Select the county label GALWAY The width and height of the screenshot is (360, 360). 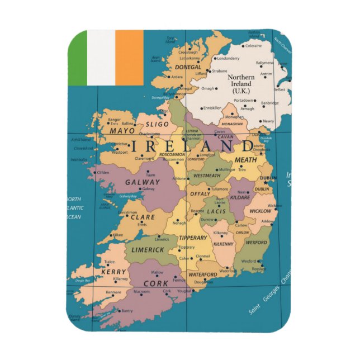pyautogui.click(x=143, y=182)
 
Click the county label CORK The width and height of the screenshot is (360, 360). pyautogui.click(x=156, y=283)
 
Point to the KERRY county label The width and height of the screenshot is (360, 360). pyautogui.click(x=113, y=271)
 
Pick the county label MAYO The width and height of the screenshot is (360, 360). pyautogui.click(x=122, y=131)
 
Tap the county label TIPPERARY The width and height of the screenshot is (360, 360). pyautogui.click(x=193, y=238)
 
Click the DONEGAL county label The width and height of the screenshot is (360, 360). pyautogui.click(x=189, y=65)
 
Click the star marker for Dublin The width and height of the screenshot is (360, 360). pyautogui.click(x=265, y=182)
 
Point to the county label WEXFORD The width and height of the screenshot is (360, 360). pyautogui.click(x=257, y=243)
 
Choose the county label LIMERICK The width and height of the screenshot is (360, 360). pyautogui.click(x=148, y=250)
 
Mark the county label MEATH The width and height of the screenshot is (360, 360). pyautogui.click(x=245, y=160)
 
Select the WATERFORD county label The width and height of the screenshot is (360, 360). pyautogui.click(x=202, y=274)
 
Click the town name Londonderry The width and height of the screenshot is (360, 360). pyautogui.click(x=228, y=58)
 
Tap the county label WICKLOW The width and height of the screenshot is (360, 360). pyautogui.click(x=259, y=211)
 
